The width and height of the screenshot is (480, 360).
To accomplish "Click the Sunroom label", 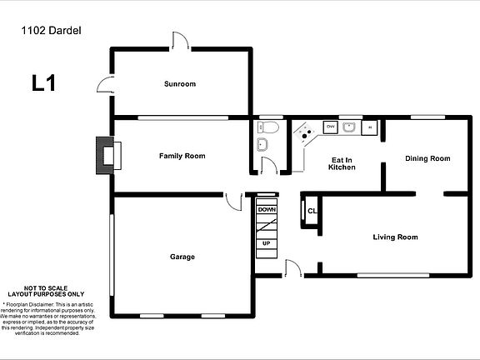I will click(x=179, y=84).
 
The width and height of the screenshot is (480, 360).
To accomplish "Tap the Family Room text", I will click(x=182, y=156).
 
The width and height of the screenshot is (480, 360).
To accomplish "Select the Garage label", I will click(x=182, y=257).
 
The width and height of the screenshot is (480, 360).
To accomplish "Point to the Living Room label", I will click(x=395, y=237).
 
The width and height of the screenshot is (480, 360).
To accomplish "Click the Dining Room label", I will click(x=427, y=158).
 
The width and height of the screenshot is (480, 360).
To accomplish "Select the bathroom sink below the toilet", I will click(x=262, y=145).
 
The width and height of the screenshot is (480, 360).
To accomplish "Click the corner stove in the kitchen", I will click(x=305, y=133).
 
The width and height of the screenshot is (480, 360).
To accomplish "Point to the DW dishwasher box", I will click(x=330, y=127).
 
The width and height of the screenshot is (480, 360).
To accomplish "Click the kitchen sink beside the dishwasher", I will click(x=350, y=127).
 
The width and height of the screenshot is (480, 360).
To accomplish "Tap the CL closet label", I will click(x=312, y=211).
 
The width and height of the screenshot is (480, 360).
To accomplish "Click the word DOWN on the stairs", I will click(x=266, y=210).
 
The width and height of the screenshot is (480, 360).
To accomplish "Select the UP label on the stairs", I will click(x=266, y=243).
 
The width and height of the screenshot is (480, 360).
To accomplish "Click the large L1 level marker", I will click(x=43, y=83).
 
